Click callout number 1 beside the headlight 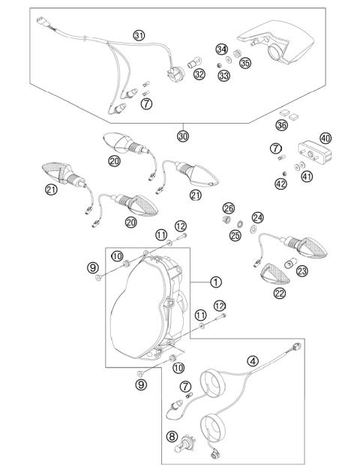pyautogui.click(x=216, y=282)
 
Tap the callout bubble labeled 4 pyautogui.click(x=253, y=361)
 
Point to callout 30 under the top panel pyautogui.click(x=183, y=136)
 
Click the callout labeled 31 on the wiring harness pyautogui.click(x=139, y=35)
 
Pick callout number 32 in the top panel pyautogui.click(x=199, y=74)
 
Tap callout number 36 pyautogui.click(x=282, y=125)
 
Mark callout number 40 pyautogui.click(x=325, y=138)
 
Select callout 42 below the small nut pyautogui.click(x=280, y=183)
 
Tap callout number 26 pyautogui.click(x=229, y=208)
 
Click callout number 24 pyautogui.click(x=257, y=217)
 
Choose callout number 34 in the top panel pyautogui.click(x=220, y=49)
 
